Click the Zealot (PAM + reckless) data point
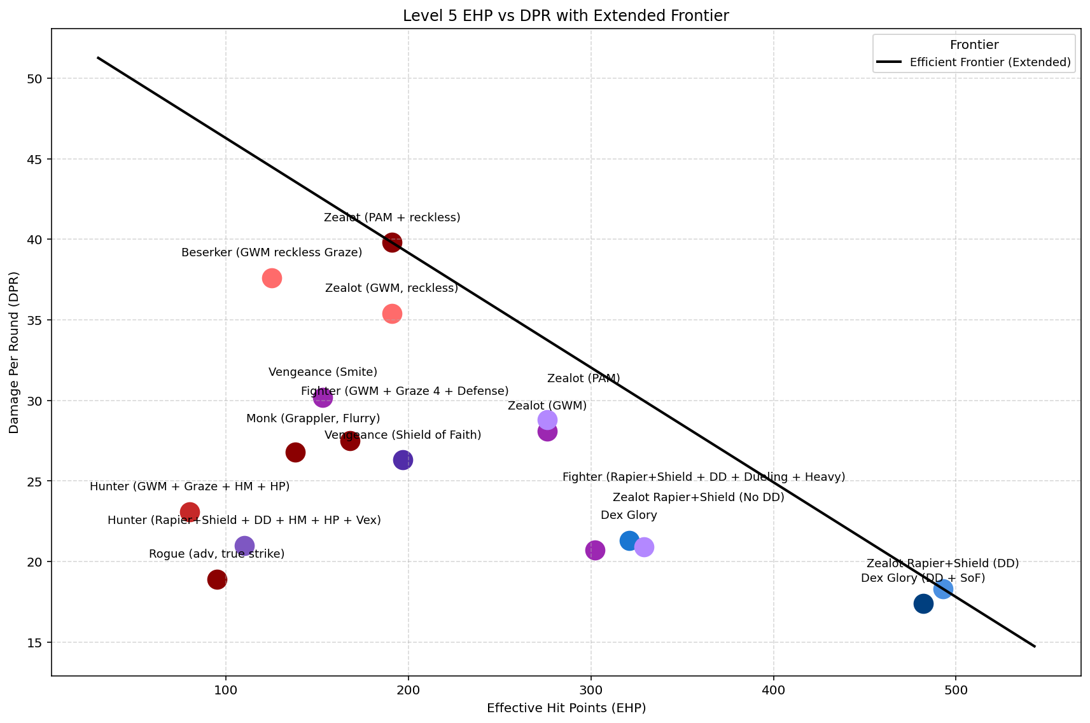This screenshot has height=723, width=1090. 392,242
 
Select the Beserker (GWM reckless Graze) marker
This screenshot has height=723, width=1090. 272,278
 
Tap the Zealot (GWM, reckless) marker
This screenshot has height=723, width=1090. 392,313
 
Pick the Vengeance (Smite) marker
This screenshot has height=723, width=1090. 323,398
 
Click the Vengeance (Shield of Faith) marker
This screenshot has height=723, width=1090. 403,460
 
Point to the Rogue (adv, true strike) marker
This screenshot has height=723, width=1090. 217,579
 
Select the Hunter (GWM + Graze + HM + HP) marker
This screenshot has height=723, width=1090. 190,512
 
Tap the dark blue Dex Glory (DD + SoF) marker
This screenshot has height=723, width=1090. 923,603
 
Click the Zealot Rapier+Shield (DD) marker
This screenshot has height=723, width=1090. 943,589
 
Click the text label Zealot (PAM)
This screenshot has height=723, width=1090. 583,379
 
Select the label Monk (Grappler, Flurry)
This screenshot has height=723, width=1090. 313,418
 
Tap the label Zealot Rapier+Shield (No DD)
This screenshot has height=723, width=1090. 698,497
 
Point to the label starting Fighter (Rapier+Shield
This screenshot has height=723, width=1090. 704,477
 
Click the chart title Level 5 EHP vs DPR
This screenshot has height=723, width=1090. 566,16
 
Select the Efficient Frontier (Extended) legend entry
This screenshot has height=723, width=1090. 989,62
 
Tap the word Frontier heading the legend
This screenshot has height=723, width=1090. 974,45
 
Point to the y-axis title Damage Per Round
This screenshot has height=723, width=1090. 14,353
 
